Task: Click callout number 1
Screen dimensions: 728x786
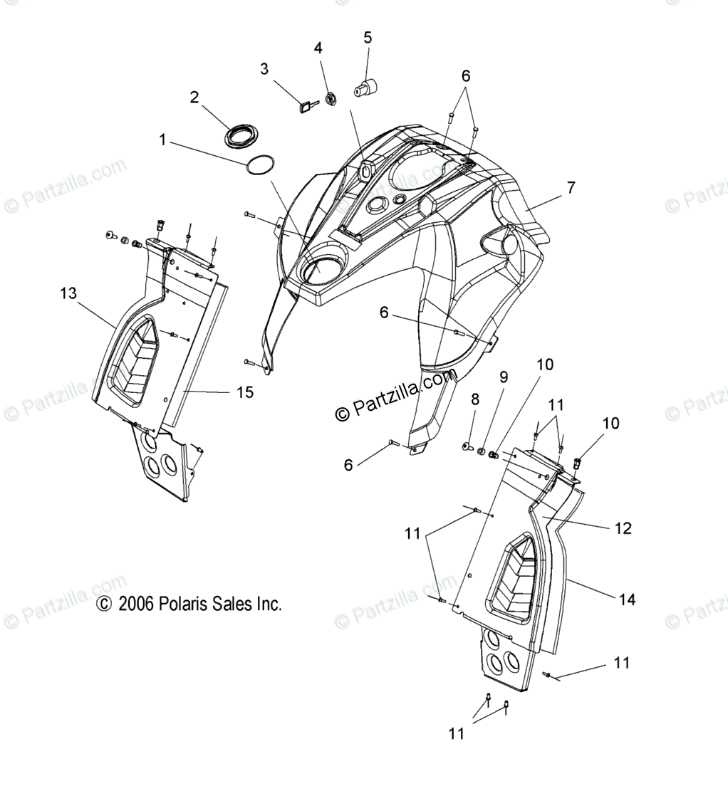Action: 162,140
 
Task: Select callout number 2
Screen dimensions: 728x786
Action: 194,98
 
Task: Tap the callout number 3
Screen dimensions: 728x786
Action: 264,69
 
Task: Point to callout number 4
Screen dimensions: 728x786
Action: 318,48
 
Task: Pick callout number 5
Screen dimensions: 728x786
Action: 368,37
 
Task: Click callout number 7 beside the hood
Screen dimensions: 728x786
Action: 571,188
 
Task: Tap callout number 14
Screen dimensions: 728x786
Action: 626,599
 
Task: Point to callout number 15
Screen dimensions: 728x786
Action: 244,392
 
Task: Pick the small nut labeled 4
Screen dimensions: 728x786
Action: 331,98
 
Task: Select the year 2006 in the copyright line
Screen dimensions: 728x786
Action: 133,604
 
